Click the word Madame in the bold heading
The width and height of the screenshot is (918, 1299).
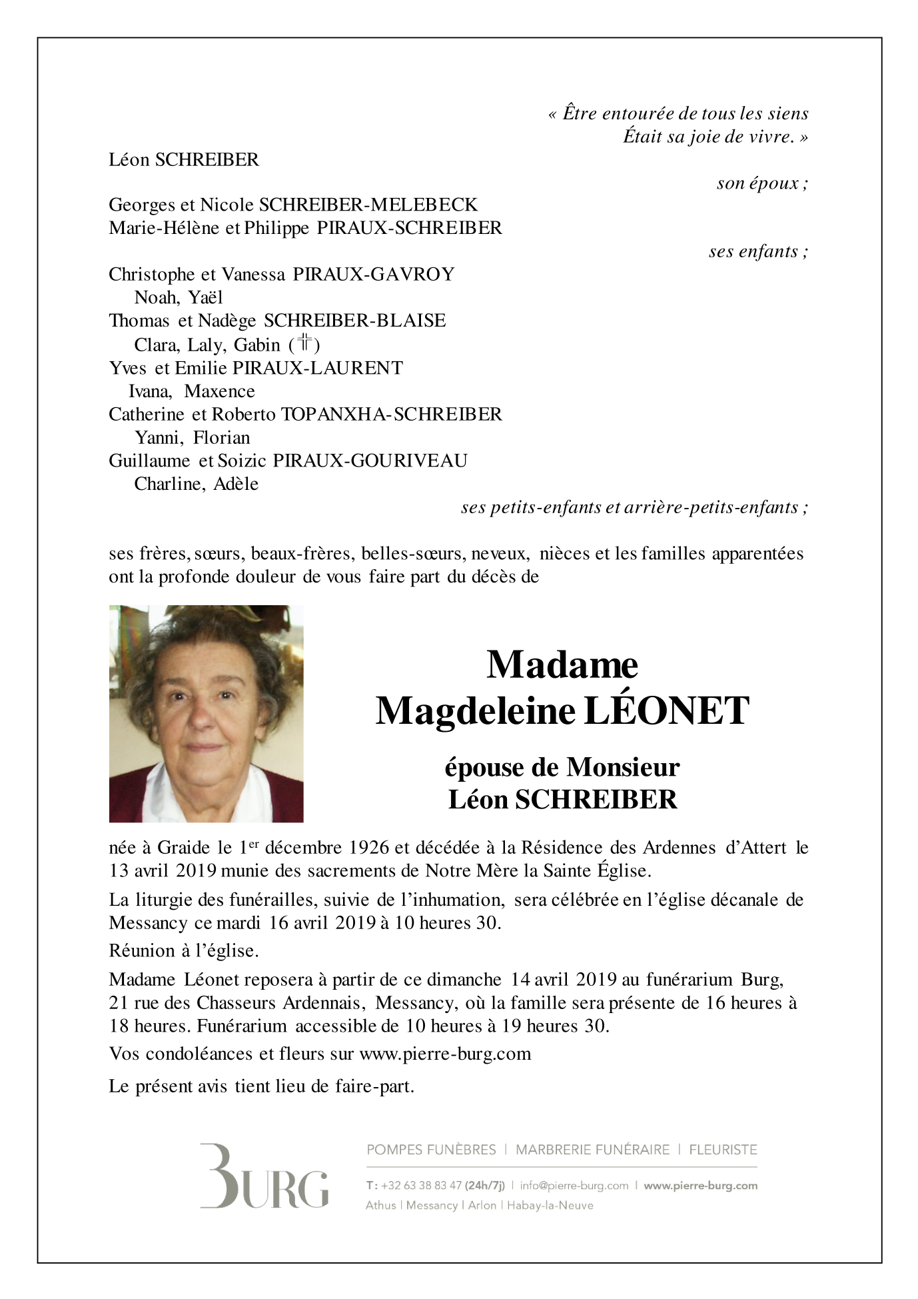562,664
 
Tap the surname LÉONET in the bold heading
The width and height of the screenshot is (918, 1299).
666,711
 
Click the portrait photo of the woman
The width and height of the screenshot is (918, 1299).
206,713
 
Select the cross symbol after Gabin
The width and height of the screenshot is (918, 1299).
305,344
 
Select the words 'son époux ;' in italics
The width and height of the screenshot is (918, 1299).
762,183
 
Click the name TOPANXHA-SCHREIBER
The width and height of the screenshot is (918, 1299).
392,414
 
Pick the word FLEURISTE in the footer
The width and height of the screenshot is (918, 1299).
723,1149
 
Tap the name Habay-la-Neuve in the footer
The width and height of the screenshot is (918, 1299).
551,1205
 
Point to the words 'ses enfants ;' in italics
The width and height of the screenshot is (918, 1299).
758,251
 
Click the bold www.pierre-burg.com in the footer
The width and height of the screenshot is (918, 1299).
701,1186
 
